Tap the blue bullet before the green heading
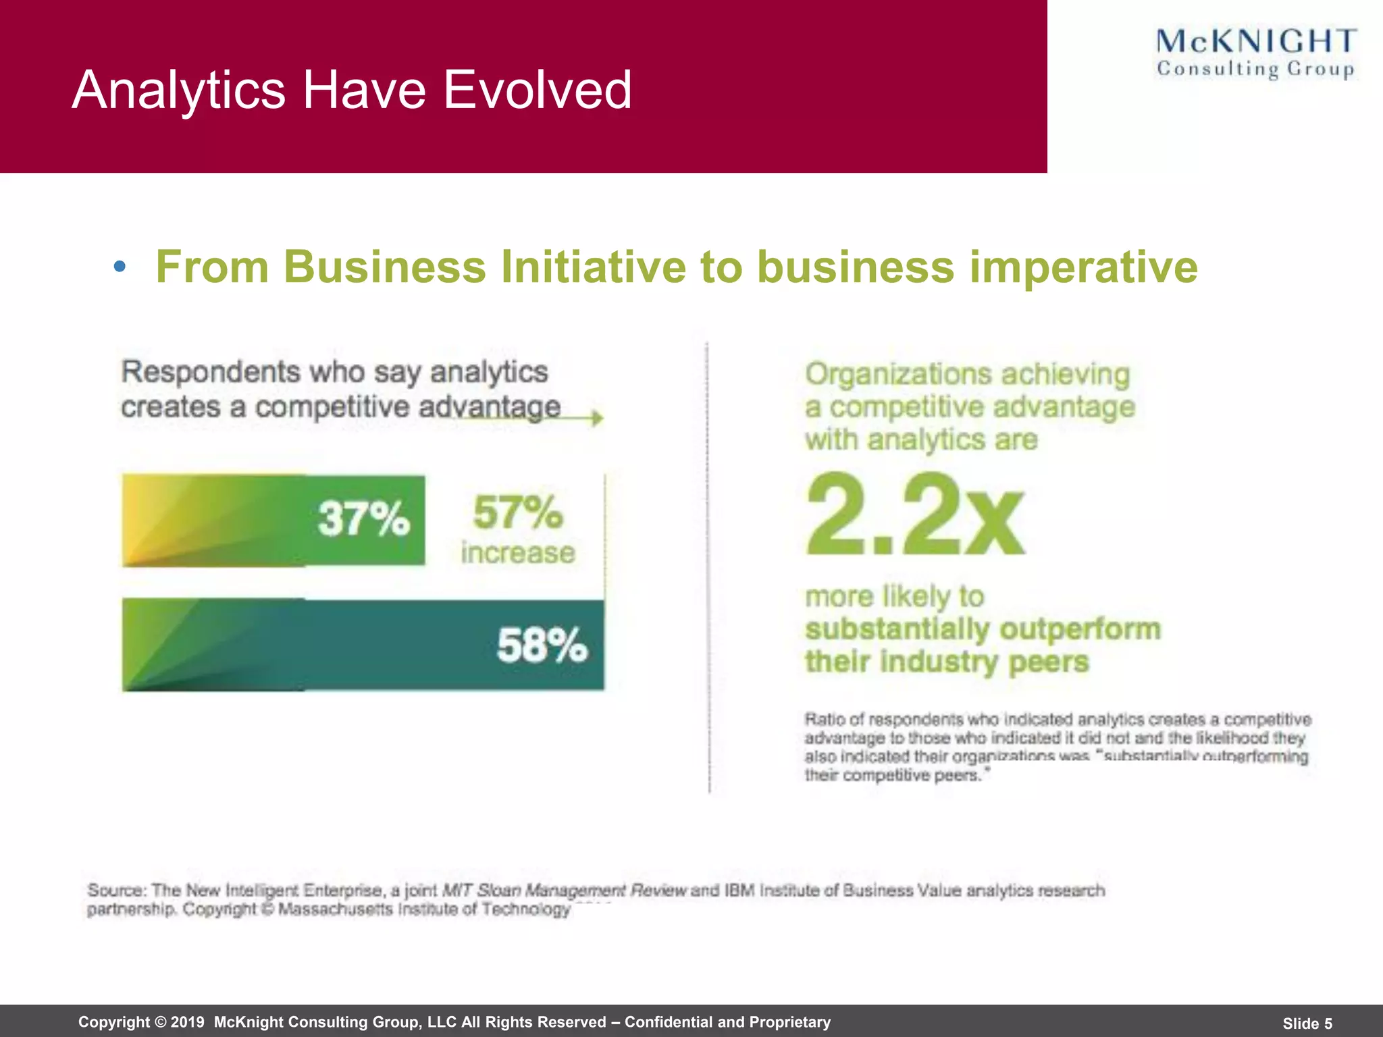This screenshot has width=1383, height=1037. (120, 267)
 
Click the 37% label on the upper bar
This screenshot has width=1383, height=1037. (363, 518)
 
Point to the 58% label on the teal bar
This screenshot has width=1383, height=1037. (542, 645)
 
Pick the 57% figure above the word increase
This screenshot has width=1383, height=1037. (517, 512)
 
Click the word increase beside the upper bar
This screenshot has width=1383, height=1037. (518, 553)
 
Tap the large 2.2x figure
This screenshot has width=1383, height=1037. (915, 514)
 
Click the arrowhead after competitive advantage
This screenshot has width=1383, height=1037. (597, 418)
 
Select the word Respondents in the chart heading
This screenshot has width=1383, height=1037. (211, 372)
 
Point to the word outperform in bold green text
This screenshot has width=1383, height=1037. (1080, 629)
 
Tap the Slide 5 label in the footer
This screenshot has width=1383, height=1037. (1307, 1023)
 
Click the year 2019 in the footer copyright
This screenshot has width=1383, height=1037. (187, 1022)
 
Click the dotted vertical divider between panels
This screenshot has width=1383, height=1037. (708, 567)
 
